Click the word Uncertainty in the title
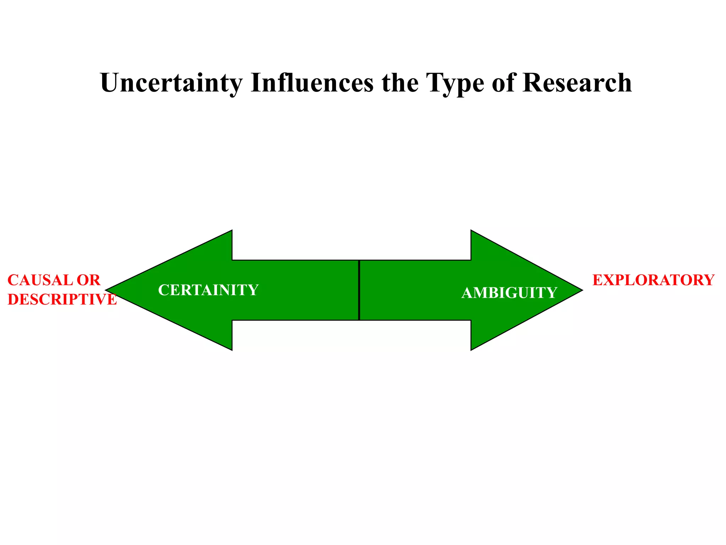[x=171, y=83]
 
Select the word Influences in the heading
[x=312, y=83]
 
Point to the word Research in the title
[x=577, y=83]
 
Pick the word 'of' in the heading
[x=504, y=83]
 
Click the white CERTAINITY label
[x=208, y=290]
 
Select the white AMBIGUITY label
[x=509, y=293]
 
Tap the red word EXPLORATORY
[x=653, y=280]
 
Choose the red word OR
[x=89, y=280]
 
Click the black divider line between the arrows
[x=359, y=290]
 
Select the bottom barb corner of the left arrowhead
[x=231, y=349]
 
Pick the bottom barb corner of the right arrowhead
[x=471, y=349]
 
